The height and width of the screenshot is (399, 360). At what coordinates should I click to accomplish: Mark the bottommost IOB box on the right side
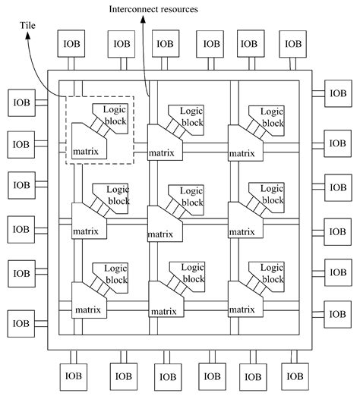[338, 311]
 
